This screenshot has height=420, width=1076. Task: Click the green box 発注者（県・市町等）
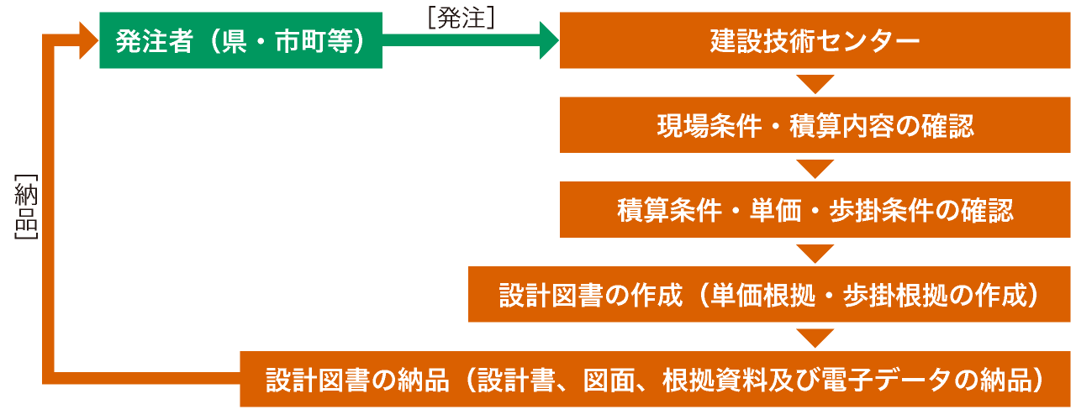tap(240, 40)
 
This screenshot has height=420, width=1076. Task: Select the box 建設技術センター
tap(815, 40)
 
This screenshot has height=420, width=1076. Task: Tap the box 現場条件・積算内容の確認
tap(815, 125)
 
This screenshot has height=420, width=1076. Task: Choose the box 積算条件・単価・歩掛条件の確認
tap(815, 210)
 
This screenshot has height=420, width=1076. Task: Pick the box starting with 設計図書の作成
tap(769, 294)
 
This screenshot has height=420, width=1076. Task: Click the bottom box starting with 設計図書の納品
tap(655, 379)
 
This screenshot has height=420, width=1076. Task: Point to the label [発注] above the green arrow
tap(462, 18)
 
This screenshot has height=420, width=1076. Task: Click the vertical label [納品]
tap(26, 207)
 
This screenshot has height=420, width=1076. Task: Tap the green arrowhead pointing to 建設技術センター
tap(549, 40)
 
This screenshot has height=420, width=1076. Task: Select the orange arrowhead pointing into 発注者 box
tap(89, 40)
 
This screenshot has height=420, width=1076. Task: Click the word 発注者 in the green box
tap(154, 41)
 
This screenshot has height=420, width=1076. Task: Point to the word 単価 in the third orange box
tap(775, 210)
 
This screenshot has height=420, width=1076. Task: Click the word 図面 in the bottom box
tap(609, 380)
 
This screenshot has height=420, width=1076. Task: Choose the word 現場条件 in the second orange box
tap(709, 126)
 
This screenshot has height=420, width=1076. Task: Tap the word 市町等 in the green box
tap(314, 41)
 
